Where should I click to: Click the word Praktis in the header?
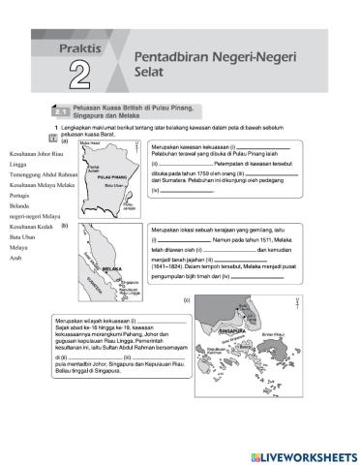point(81,44)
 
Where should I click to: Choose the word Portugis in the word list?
point(20,194)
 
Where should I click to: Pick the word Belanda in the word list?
point(19,206)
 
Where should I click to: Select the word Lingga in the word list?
point(18,166)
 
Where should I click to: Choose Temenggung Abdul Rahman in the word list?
point(45,173)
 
